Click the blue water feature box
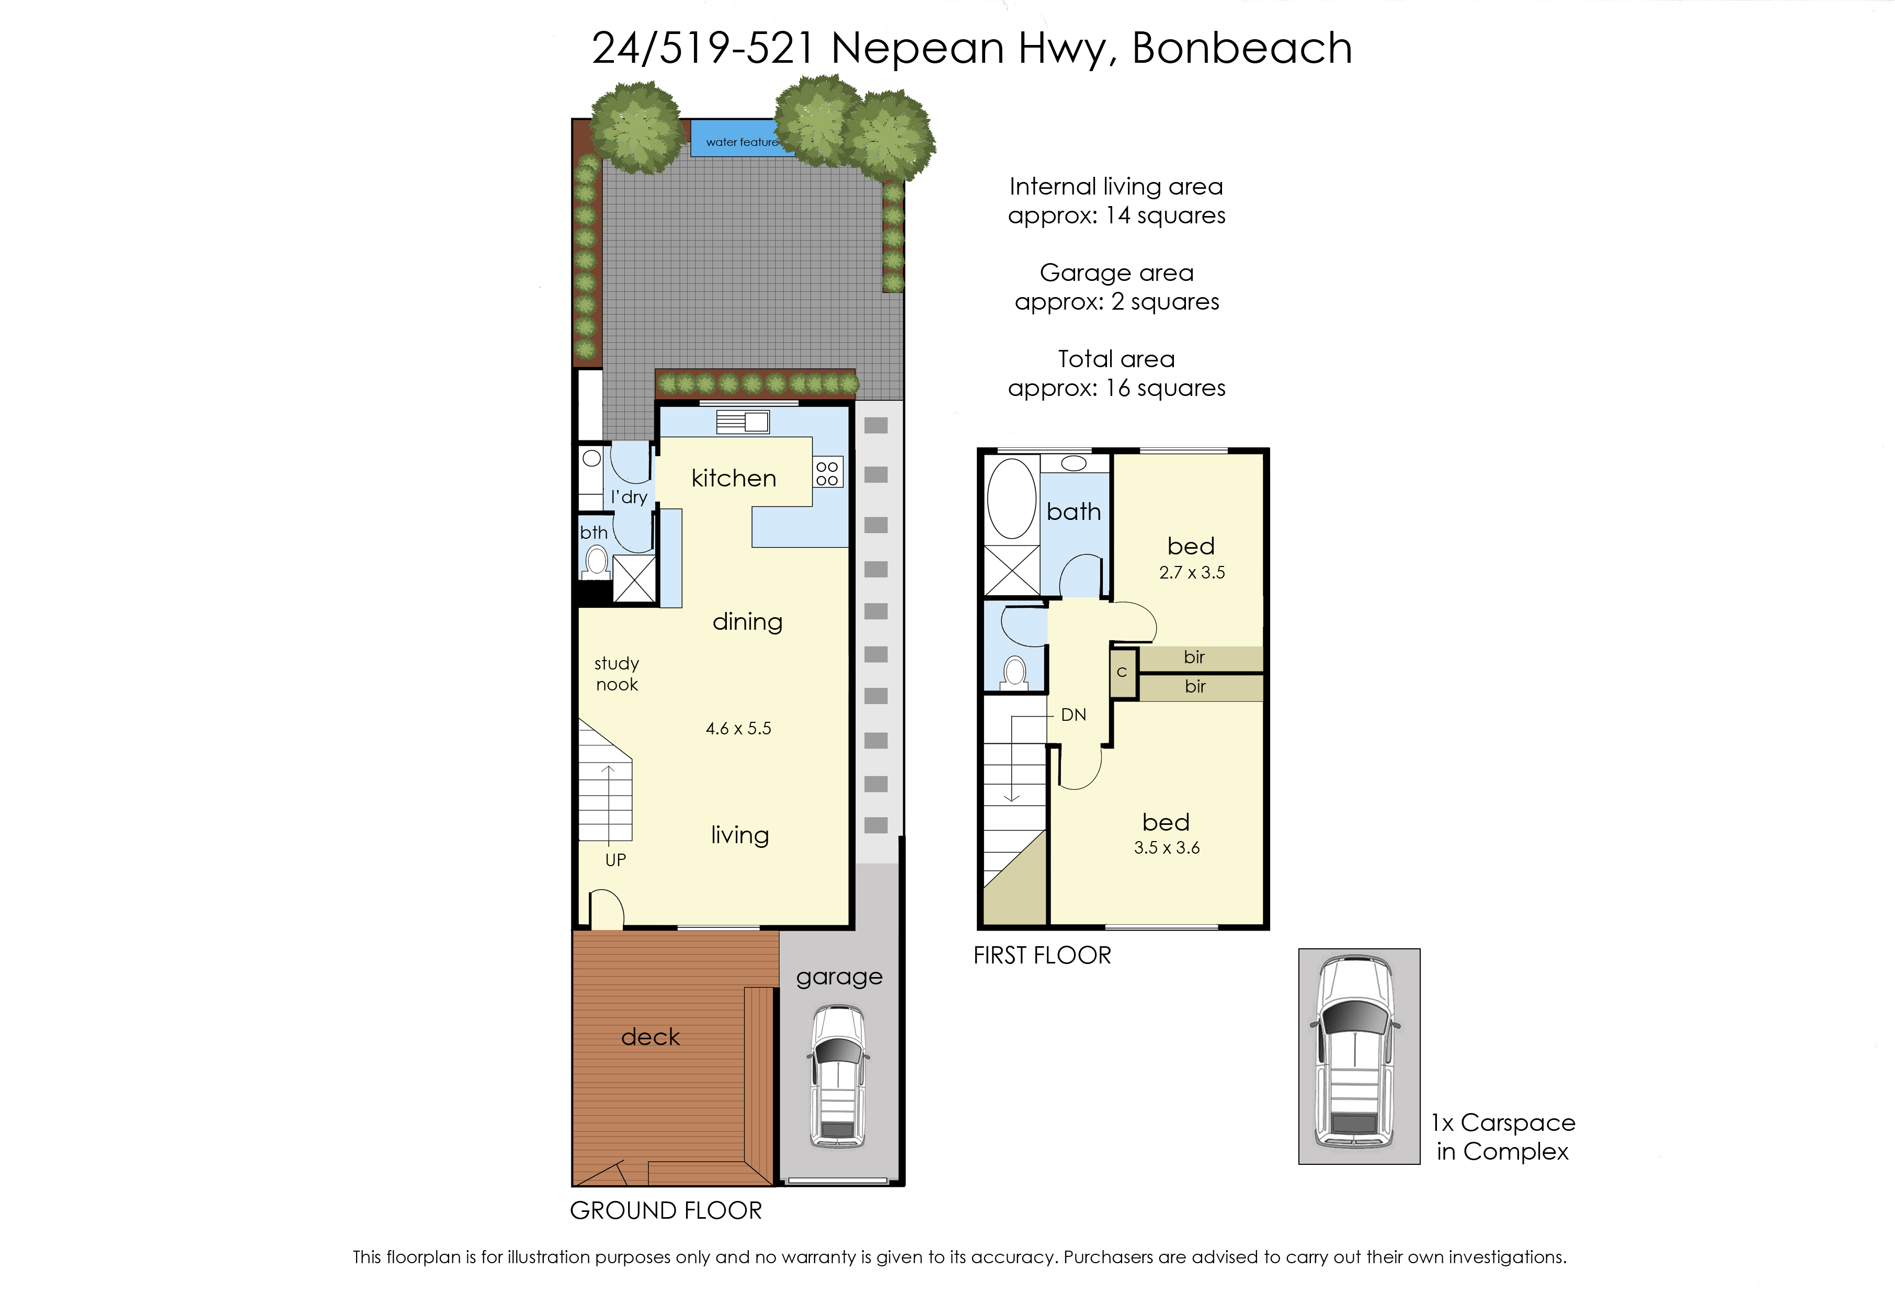point(738,139)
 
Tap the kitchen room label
point(734,478)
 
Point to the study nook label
point(617,674)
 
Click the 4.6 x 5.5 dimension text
point(738,729)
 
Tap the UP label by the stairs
point(615,860)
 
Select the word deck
point(650,1036)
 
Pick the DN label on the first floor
point(1073,716)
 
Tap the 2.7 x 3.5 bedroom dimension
point(1192,573)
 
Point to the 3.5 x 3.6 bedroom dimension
point(1167,847)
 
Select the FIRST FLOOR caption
point(1042,955)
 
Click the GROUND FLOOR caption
point(666,1210)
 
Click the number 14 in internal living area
point(1117,216)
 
